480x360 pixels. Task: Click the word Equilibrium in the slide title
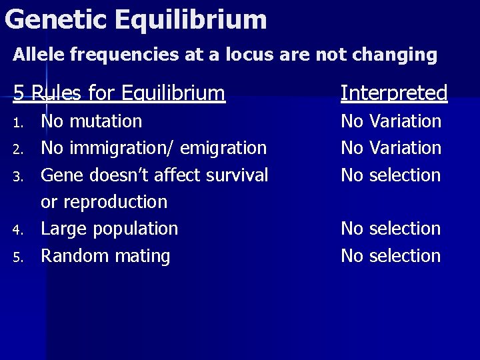190,19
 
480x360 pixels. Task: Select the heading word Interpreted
393,93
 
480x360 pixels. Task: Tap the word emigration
225,149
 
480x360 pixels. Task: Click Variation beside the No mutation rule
405,121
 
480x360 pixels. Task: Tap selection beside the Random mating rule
405,256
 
